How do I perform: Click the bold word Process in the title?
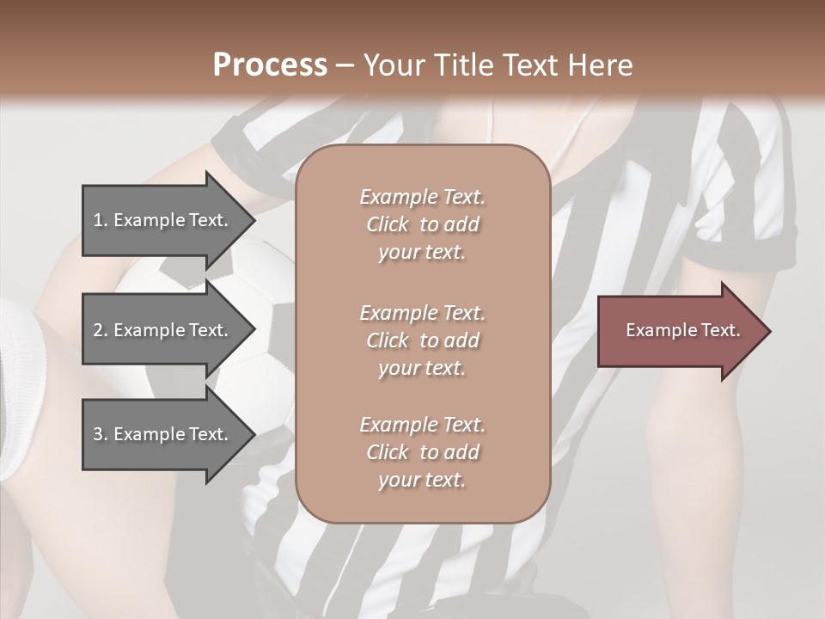coord(270,64)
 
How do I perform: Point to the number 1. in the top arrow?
coord(101,220)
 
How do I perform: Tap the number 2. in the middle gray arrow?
coord(101,330)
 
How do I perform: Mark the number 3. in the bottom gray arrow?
coord(101,435)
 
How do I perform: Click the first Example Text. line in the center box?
coord(422,197)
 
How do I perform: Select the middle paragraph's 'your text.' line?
coord(422,368)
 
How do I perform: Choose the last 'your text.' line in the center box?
coord(422,481)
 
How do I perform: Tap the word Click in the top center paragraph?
coord(388,224)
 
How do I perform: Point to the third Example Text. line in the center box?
coord(422,425)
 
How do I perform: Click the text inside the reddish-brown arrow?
coord(683,330)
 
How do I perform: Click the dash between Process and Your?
coord(345,65)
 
